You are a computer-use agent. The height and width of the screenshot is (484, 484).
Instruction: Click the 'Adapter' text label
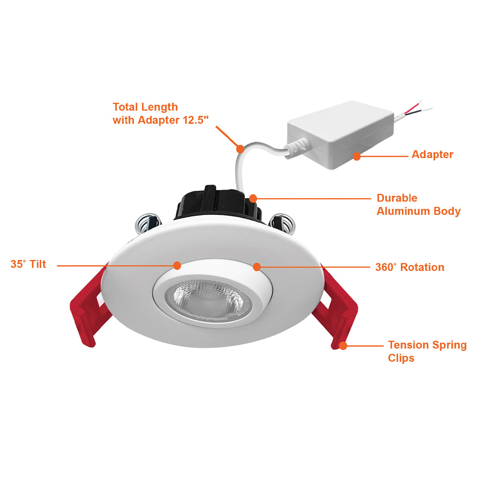432,154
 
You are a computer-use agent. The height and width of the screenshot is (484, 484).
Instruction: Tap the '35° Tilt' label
28,264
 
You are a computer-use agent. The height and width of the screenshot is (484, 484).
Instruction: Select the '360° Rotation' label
410,267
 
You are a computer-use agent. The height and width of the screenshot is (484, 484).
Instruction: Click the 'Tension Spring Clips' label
427,351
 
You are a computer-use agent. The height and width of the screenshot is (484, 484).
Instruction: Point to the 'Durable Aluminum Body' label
418,204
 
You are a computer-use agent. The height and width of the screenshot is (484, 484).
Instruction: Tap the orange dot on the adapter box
357,156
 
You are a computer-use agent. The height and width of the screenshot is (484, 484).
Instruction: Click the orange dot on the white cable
240,149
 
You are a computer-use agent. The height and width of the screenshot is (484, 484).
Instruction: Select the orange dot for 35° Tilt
177,265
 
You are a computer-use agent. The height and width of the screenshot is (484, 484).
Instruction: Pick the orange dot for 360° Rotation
257,267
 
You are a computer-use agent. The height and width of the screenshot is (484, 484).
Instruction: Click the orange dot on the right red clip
343,346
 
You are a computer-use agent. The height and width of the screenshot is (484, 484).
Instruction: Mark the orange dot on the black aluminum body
253,198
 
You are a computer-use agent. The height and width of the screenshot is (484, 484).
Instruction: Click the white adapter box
340,135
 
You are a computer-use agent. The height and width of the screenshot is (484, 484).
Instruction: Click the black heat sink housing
219,204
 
